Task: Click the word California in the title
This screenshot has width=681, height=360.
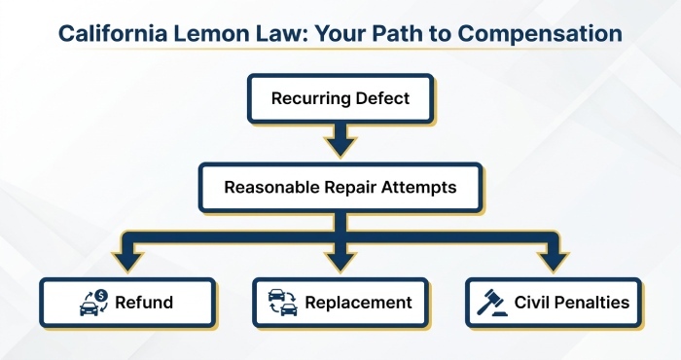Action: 113,33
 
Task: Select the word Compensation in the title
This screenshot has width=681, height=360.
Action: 540,33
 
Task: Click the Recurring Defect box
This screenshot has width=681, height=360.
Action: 340,98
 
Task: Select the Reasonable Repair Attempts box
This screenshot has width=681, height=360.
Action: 340,187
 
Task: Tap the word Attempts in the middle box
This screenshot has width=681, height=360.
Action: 418,187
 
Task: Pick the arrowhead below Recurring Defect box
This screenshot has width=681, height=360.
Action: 340,146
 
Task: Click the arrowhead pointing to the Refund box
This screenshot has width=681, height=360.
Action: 127,261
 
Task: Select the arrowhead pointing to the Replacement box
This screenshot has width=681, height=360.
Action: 340,261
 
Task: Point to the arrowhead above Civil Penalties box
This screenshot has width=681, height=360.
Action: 553,261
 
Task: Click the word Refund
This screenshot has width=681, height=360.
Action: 144,303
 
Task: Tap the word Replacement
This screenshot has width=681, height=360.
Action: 358,303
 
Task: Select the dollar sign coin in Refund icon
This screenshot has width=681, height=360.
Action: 101,296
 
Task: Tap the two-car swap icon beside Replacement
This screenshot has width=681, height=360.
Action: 283,303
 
